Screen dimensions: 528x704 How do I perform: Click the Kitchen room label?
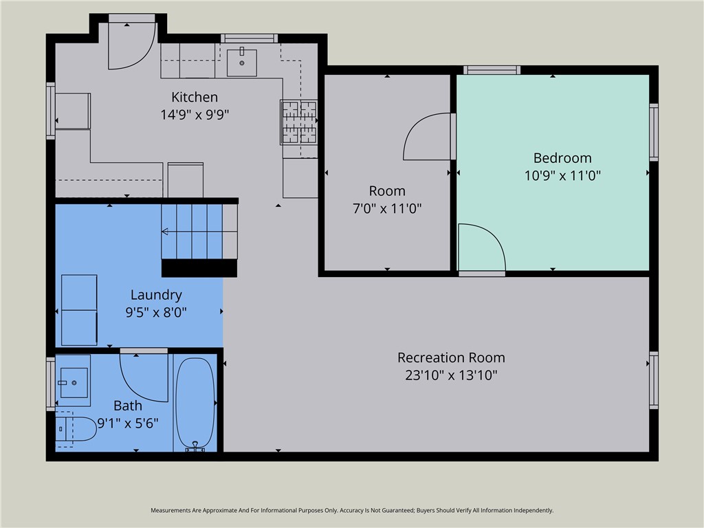tap(195, 97)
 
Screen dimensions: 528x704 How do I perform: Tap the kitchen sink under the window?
tap(242, 63)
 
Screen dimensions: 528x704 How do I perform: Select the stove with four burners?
tap(299, 122)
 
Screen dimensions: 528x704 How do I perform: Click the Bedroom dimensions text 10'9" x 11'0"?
tap(562, 175)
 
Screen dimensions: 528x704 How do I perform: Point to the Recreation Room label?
tap(451, 357)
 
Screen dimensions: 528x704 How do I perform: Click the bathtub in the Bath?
tap(195, 403)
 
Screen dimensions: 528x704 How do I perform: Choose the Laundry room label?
tap(156, 295)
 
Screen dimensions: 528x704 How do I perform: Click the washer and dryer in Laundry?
tap(79, 310)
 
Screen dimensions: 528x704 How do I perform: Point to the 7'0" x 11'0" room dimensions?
tap(387, 208)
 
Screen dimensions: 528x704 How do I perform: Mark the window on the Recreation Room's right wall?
tap(654, 379)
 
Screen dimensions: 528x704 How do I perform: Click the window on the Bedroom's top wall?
tap(492, 69)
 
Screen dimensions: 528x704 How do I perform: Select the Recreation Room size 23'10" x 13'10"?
tap(451, 375)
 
